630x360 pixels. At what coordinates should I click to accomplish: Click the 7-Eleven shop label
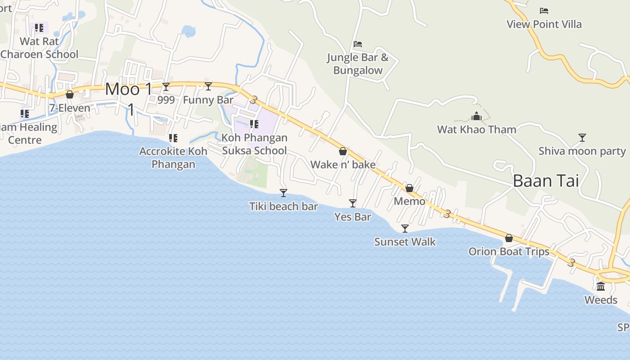click(70, 108)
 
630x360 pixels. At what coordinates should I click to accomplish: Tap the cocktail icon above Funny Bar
click(208, 86)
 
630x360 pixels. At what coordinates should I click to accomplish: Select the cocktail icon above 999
click(166, 86)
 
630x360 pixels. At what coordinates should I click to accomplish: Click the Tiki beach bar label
click(283, 207)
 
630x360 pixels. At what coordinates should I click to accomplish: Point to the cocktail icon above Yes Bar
click(353, 203)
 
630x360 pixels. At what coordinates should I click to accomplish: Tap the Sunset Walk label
click(405, 242)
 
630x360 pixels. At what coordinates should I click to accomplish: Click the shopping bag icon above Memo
click(409, 188)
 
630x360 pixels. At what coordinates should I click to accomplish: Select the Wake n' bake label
click(343, 165)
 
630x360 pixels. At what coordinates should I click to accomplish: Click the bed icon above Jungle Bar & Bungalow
click(358, 44)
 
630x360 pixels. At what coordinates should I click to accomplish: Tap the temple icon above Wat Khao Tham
click(477, 117)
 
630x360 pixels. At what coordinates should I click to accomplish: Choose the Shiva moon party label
click(582, 151)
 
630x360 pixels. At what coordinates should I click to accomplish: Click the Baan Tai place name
click(546, 181)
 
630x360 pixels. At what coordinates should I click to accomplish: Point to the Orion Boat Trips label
click(509, 252)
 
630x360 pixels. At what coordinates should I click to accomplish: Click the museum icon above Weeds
click(601, 287)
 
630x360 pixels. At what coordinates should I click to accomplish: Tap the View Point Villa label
click(544, 24)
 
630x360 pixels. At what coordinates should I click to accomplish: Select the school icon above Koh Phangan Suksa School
click(254, 124)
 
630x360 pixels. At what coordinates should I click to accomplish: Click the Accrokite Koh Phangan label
click(173, 157)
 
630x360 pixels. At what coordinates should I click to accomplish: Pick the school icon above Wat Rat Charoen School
click(39, 28)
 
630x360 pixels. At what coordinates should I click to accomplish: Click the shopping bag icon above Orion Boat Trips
click(509, 238)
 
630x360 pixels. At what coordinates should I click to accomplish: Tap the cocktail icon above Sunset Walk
click(405, 229)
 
